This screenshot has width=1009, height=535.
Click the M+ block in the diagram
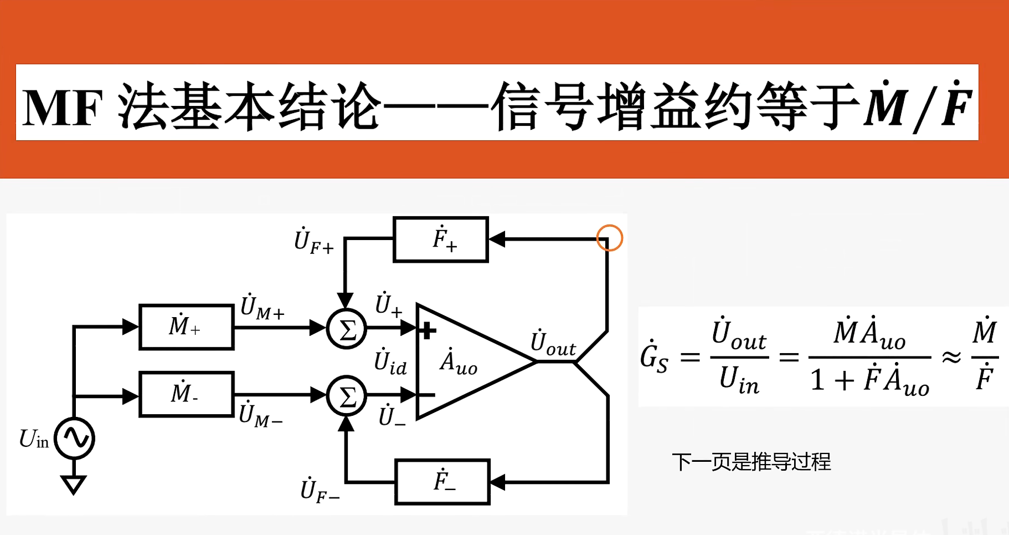(x=186, y=327)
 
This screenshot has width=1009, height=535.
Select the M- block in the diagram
(x=186, y=394)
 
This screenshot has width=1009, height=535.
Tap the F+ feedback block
(x=441, y=240)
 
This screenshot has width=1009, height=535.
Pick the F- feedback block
(x=442, y=482)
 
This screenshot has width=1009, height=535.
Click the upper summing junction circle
(x=347, y=329)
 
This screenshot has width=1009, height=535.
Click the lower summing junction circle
(x=347, y=396)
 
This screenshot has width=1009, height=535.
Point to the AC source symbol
(x=75, y=439)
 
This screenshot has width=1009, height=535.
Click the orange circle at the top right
(x=610, y=238)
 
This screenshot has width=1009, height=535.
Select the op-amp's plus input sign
(x=427, y=331)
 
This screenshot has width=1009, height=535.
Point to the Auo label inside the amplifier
(x=459, y=362)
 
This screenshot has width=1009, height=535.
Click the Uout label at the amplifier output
(x=553, y=343)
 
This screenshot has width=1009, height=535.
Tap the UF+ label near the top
(x=313, y=242)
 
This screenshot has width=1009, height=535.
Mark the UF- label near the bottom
(x=320, y=491)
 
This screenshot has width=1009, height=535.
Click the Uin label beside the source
(x=34, y=439)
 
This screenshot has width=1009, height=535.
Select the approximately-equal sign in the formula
(x=951, y=358)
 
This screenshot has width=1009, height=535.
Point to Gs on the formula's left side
(x=654, y=358)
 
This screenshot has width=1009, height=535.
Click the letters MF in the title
(x=63, y=108)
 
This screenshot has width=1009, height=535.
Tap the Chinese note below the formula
(x=751, y=462)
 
